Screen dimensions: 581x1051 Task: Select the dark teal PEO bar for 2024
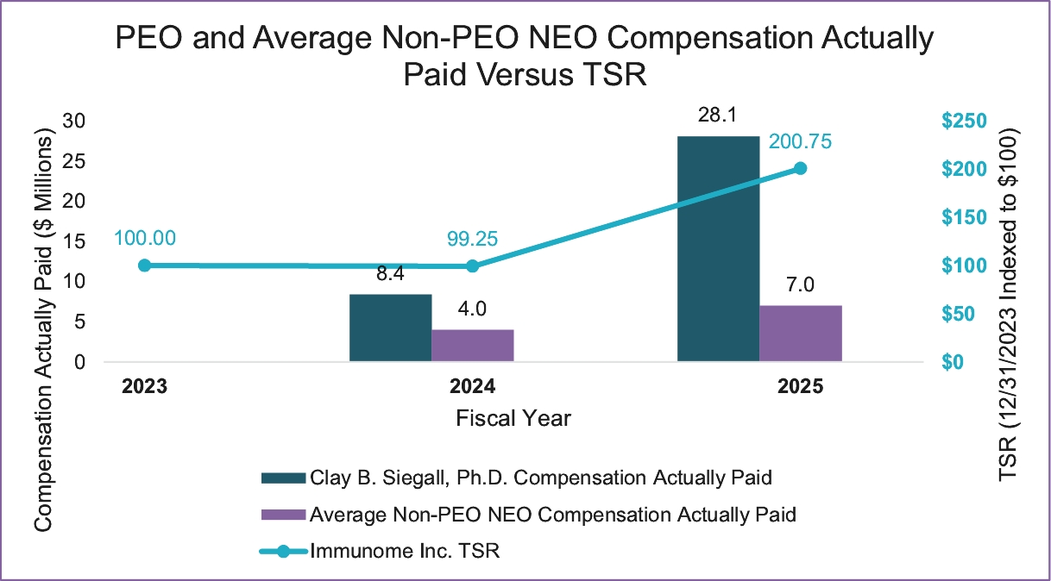[390, 328]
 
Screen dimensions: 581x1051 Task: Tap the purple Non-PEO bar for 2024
[472, 345]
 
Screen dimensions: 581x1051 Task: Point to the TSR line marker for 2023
[144, 266]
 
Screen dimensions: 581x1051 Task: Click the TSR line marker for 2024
[472, 266]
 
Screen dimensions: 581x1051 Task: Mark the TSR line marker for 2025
[800, 168]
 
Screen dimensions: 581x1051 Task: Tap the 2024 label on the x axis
[471, 386]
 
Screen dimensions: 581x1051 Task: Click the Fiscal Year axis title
[513, 418]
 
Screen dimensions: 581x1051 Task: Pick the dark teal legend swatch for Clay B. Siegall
[282, 478]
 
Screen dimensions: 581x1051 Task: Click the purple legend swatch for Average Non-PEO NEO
[282, 515]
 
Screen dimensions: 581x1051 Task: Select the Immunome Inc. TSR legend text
[406, 552]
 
